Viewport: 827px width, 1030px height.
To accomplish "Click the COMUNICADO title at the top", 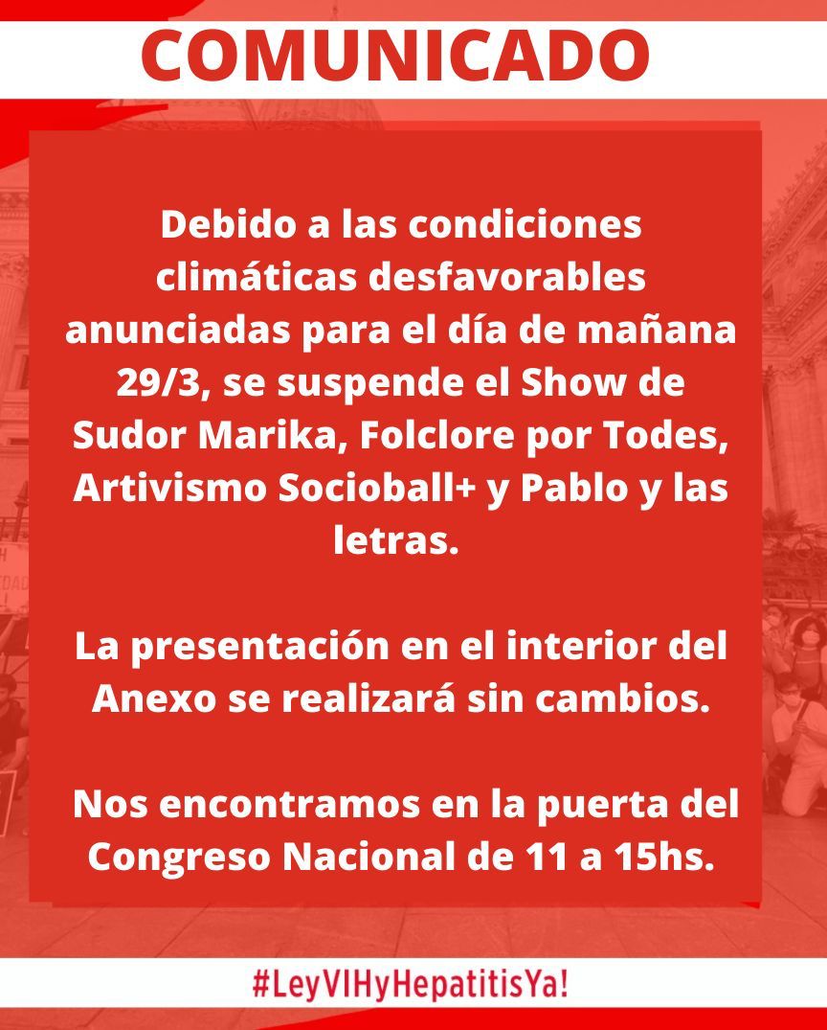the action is pos(395,56).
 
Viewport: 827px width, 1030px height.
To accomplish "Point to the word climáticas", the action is pos(256,277).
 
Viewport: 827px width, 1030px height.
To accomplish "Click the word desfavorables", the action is pos(506,277).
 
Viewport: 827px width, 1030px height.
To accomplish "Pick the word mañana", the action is pos(657,331).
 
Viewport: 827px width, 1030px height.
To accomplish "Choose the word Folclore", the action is pos(436,435).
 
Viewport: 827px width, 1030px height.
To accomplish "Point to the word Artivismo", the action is pos(170,488).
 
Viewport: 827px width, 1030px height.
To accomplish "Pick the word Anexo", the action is pos(154,698).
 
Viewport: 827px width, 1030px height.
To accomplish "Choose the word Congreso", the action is pos(179,858).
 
